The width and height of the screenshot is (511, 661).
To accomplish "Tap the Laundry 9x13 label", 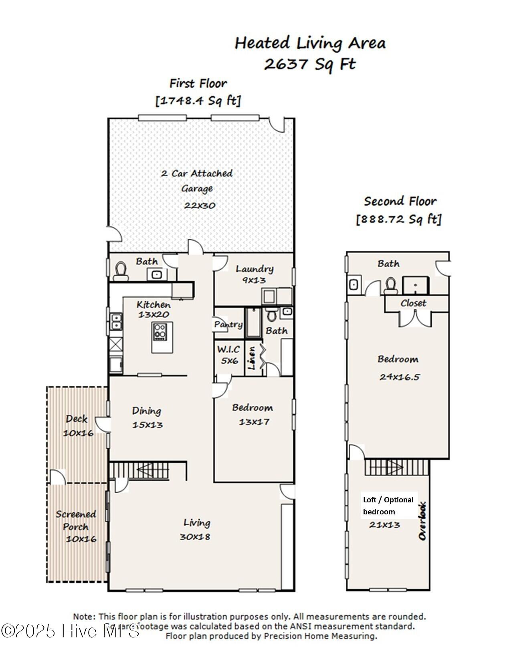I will pyautogui.click(x=254, y=274).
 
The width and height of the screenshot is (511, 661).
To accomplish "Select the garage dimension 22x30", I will pyautogui.click(x=200, y=206).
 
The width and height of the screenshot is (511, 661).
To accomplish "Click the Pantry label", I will pyautogui.click(x=228, y=324).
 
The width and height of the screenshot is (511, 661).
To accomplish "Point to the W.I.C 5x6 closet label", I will pyautogui.click(x=229, y=355).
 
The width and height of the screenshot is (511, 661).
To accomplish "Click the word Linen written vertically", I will pyautogui.click(x=252, y=358).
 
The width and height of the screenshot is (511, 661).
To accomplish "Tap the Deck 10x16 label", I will pyautogui.click(x=77, y=425).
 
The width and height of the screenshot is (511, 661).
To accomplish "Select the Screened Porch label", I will pyautogui.click(x=76, y=520).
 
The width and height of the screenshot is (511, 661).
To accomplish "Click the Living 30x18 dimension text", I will pyautogui.click(x=195, y=536).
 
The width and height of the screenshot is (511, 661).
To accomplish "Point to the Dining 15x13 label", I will pyautogui.click(x=147, y=417).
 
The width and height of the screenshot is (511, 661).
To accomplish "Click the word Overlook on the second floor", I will pyautogui.click(x=422, y=521).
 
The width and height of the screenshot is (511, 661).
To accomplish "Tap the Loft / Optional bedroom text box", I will pyautogui.click(x=388, y=506).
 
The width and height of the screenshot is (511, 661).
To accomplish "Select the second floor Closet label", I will pyautogui.click(x=413, y=303).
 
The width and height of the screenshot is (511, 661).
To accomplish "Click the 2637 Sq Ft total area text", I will pyautogui.click(x=310, y=64).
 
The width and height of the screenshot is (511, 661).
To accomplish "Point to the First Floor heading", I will pyautogui.click(x=198, y=83).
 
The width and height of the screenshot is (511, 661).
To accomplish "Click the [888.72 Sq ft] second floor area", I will pyautogui.click(x=399, y=219).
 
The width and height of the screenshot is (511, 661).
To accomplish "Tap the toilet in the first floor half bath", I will pyautogui.click(x=120, y=271).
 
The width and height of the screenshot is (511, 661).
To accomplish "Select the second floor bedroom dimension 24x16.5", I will pyautogui.click(x=399, y=377).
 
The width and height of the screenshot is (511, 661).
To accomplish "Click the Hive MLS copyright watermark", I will pyautogui.click(x=70, y=631).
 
